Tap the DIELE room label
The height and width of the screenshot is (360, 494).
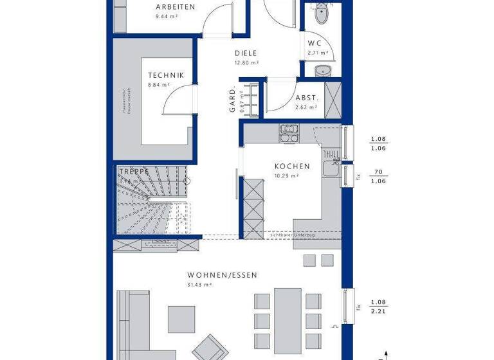(x=246, y=54)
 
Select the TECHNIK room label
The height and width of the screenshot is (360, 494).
(x=166, y=75)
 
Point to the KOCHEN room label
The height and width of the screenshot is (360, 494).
(x=292, y=166)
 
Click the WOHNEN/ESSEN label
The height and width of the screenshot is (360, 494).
(x=222, y=275)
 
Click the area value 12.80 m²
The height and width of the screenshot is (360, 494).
(x=246, y=63)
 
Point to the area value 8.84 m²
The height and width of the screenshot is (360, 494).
(x=158, y=84)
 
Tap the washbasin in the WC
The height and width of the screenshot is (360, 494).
(x=321, y=69)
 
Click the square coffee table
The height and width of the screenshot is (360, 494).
(x=181, y=318)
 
